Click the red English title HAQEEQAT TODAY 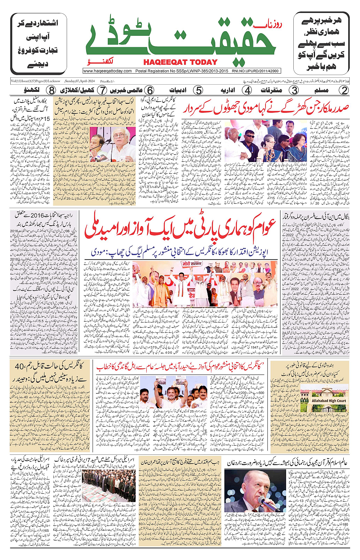(180, 62)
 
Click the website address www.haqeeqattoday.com (107, 71)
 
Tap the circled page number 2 (344, 90)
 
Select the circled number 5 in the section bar (198, 90)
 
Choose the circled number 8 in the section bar (51, 90)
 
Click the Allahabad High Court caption (329, 401)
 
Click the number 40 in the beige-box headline (19, 366)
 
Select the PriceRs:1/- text (107, 81)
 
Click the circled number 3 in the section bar (294, 90)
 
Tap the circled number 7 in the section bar (102, 90)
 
